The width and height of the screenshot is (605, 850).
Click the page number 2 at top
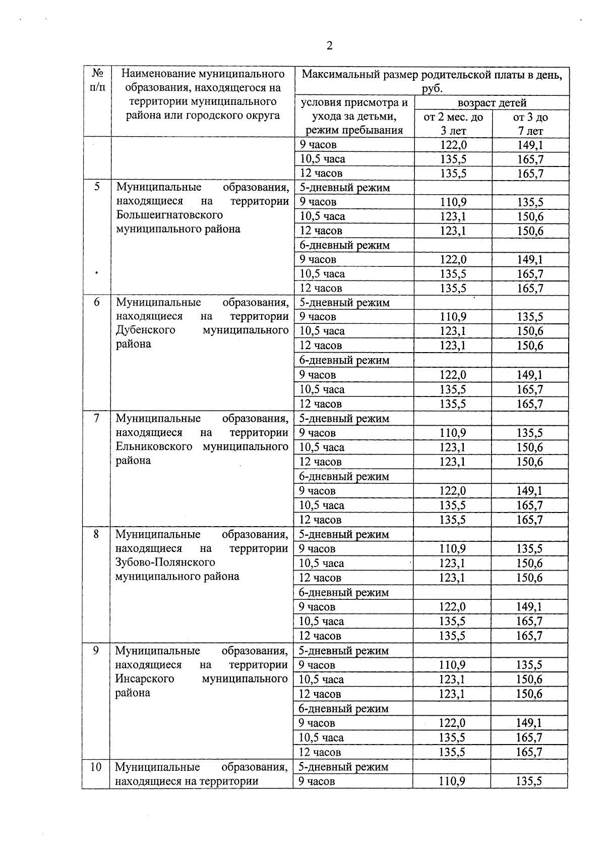pyautogui.click(x=329, y=46)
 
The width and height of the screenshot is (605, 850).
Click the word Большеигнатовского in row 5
pyautogui.click(x=169, y=215)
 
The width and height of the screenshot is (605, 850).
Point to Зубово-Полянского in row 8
pyautogui.click(x=165, y=562)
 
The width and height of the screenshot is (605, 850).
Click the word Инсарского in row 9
pyautogui.click(x=144, y=679)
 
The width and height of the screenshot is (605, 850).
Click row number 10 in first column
pyautogui.click(x=96, y=767)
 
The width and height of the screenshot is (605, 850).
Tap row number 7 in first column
pyautogui.click(x=96, y=418)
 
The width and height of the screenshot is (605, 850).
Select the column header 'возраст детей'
pyautogui.click(x=492, y=103)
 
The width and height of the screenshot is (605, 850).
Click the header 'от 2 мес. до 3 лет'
pyautogui.click(x=453, y=124)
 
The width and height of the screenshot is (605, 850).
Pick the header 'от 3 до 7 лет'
pyautogui.click(x=530, y=124)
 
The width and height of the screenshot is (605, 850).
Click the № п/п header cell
pyautogui.click(x=96, y=81)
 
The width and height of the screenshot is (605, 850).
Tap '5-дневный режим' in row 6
pyautogui.click(x=344, y=303)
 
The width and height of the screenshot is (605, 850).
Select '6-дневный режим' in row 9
pyautogui.click(x=343, y=709)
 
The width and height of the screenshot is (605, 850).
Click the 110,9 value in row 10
pyautogui.click(x=452, y=781)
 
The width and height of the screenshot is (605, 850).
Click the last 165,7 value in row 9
pyautogui.click(x=529, y=752)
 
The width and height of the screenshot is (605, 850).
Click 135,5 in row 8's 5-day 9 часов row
pyautogui.click(x=529, y=549)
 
